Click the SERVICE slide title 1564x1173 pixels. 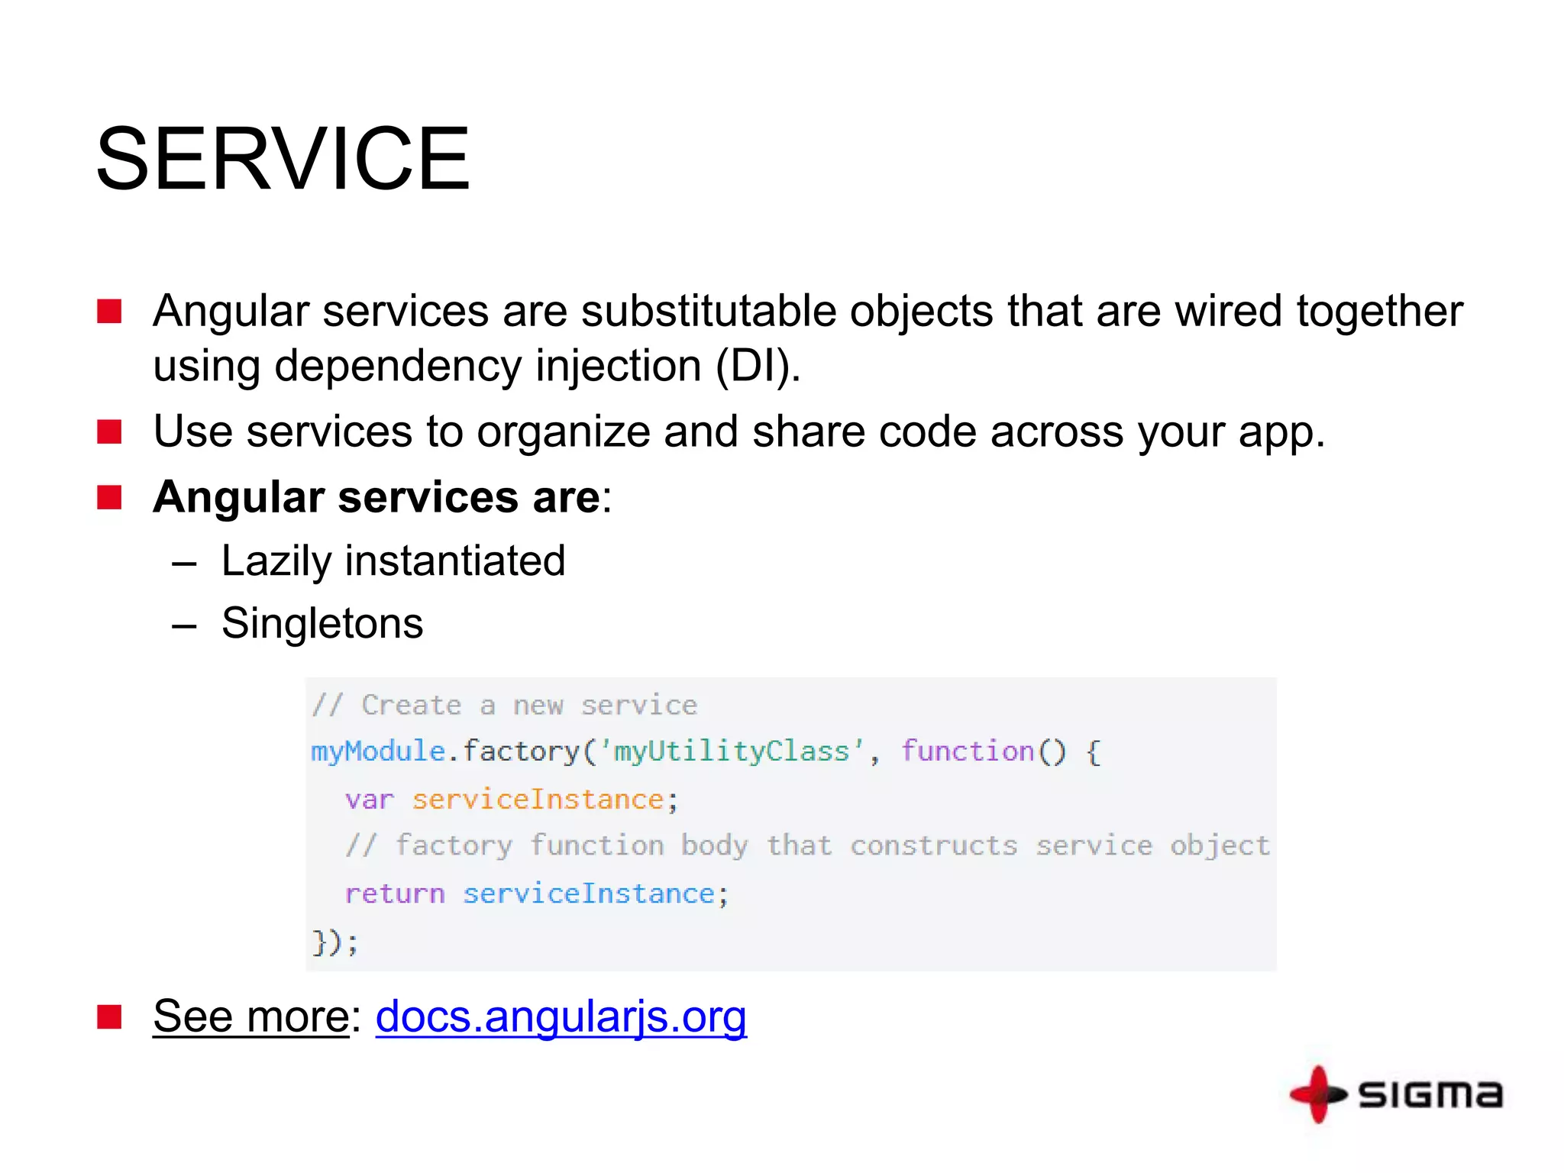click(283, 159)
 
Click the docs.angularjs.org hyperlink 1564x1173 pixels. click(561, 1016)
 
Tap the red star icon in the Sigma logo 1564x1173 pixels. click(1318, 1094)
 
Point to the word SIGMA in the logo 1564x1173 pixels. click(1430, 1094)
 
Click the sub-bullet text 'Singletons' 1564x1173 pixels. click(322, 623)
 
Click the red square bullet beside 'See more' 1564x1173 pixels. click(110, 1017)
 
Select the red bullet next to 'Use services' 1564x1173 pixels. click(110, 431)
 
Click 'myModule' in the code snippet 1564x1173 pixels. click(377, 751)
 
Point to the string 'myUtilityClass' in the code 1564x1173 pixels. click(732, 751)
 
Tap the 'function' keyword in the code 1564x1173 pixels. click(968, 751)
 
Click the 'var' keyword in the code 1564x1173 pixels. click(369, 800)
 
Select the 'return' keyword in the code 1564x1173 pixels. click(394, 893)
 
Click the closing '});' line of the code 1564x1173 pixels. click(334, 942)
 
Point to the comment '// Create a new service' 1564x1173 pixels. click(505, 705)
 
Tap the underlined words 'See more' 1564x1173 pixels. click(251, 1016)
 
